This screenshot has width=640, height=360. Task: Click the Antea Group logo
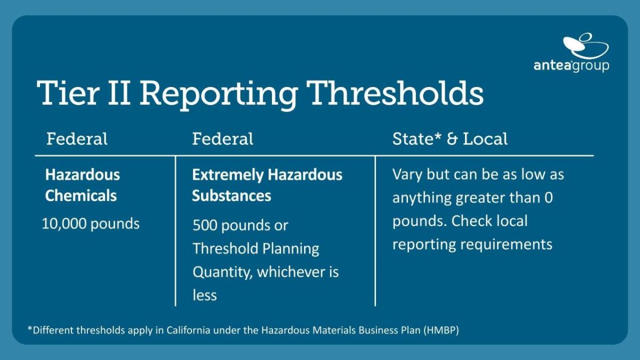(x=571, y=53)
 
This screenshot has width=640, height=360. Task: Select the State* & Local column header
(x=450, y=139)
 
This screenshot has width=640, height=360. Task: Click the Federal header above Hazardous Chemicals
(x=77, y=139)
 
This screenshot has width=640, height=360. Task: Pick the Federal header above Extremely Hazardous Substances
(x=222, y=139)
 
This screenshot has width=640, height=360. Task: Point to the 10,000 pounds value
(x=91, y=223)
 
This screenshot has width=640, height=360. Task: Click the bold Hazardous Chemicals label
(x=83, y=185)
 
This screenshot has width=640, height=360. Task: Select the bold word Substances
(x=231, y=195)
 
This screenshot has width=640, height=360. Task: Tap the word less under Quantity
(x=205, y=295)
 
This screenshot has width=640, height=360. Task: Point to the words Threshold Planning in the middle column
(x=256, y=249)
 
